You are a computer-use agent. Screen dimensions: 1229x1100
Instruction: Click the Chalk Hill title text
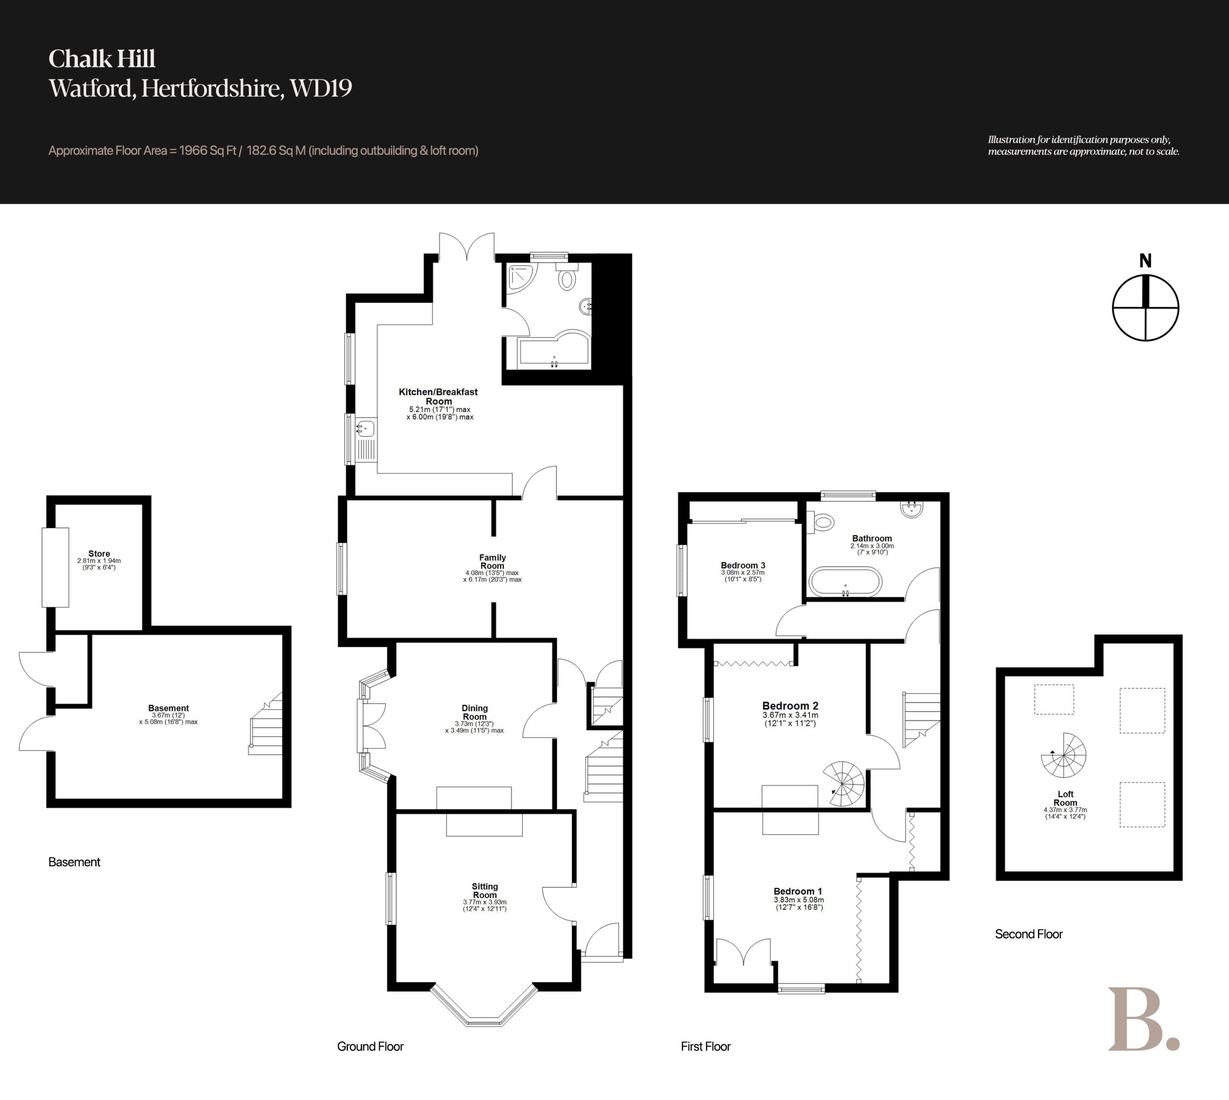tap(102, 59)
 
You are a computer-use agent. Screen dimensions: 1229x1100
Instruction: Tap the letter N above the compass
tap(1145, 260)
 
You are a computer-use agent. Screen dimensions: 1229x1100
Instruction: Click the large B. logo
tap(1143, 1019)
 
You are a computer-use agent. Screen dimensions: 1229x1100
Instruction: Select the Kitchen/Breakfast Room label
tap(438, 396)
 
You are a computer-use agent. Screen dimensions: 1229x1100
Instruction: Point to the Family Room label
tap(492, 562)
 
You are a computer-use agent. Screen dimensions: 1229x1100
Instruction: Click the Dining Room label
tap(475, 712)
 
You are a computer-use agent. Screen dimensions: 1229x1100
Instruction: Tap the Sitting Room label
tap(484, 890)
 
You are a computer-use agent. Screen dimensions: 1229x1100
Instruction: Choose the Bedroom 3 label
tap(743, 565)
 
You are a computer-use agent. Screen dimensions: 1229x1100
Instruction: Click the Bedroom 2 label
tap(790, 705)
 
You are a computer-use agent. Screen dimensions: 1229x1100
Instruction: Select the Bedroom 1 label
tap(798, 891)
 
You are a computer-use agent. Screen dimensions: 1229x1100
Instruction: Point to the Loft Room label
tap(1065, 798)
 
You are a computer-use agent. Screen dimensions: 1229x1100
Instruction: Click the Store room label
tap(99, 553)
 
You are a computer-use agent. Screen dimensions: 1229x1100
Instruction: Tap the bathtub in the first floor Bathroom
tap(845, 582)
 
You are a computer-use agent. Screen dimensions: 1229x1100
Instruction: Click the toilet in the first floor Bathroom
tap(821, 522)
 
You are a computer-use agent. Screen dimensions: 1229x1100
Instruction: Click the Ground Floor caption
tap(370, 1046)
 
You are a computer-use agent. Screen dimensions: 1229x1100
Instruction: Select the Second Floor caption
tap(1028, 934)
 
